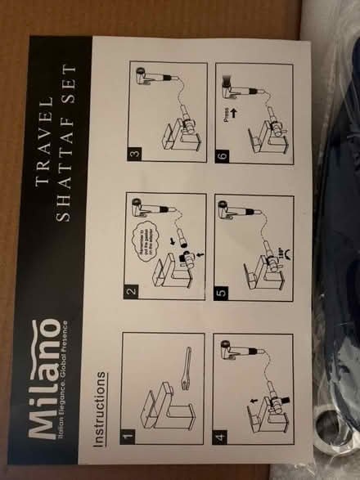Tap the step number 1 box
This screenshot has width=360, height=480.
pyautogui.click(x=127, y=435)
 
